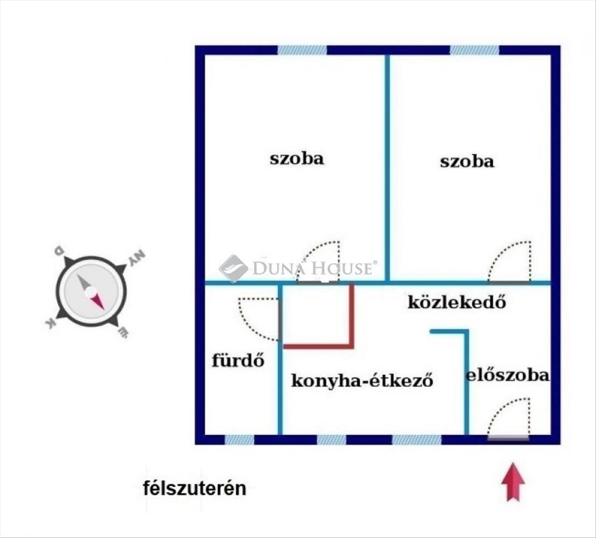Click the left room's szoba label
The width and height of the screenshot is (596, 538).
(297, 158)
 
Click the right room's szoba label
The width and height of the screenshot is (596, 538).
(467, 161)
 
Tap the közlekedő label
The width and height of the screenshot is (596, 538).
(457, 302)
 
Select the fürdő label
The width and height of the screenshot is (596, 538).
(238, 360)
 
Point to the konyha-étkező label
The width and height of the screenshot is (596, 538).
(362, 380)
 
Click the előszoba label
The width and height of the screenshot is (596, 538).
(508, 376)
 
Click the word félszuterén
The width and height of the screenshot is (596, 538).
(195, 488)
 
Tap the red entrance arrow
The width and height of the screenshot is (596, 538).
(513, 482)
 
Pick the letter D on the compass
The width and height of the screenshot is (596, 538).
(59, 251)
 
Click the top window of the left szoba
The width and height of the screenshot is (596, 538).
(302, 50)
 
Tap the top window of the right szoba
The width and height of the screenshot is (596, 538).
(475, 50)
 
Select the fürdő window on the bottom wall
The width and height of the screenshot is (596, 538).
(239, 440)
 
